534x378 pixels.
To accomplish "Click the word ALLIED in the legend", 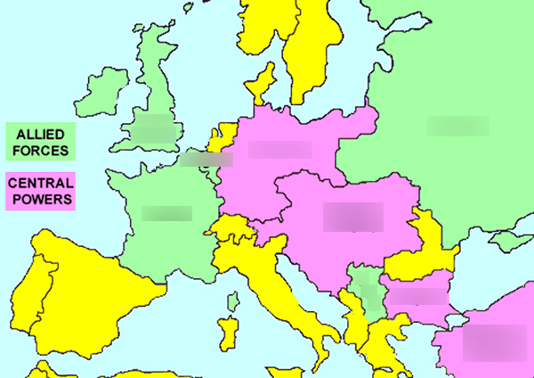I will [x=40, y=134].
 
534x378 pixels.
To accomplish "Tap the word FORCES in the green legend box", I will [x=40, y=150].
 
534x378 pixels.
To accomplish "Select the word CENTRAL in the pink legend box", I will [x=40, y=184].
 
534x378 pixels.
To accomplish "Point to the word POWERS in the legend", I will [x=40, y=200].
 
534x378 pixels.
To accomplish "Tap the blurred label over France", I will [x=166, y=213].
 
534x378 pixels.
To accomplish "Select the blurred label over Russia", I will [x=457, y=126].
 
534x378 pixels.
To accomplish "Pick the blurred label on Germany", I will [x=279, y=149].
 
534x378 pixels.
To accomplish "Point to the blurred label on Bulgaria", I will [x=416, y=296].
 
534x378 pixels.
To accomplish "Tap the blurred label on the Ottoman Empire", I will [x=489, y=341].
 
